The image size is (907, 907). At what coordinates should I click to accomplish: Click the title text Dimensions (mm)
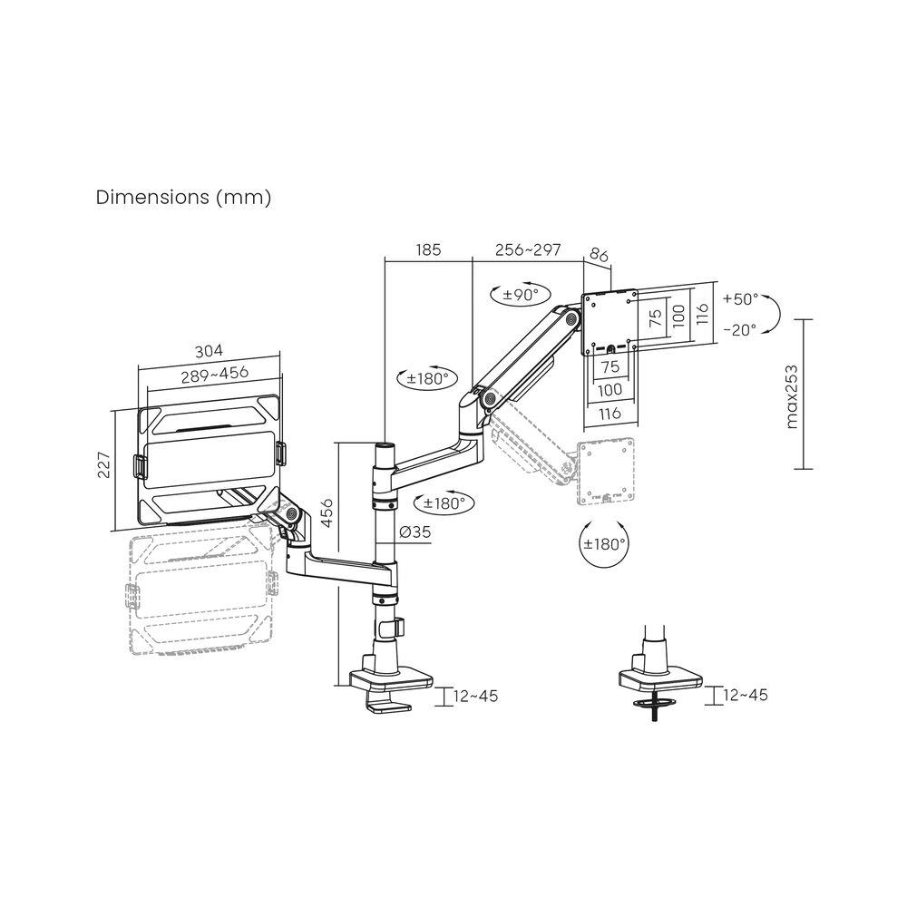[183, 198]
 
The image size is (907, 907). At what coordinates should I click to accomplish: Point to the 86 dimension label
[600, 257]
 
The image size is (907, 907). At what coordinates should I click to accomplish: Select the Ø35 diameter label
[415, 532]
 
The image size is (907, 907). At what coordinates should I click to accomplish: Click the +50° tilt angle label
[741, 298]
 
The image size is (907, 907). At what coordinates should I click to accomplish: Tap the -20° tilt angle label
[739, 330]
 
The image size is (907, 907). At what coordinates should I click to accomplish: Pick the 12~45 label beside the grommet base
[746, 695]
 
